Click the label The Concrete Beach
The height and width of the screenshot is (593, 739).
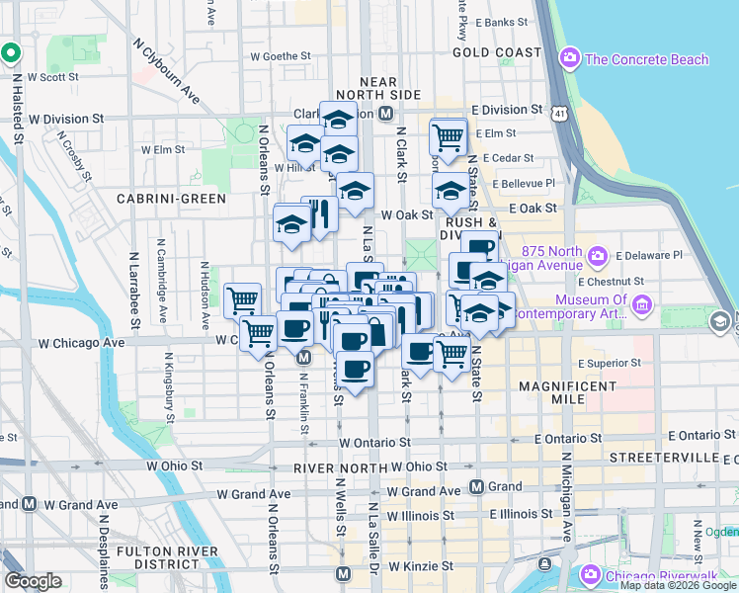(646, 59)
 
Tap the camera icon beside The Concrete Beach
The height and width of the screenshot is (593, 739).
(569, 58)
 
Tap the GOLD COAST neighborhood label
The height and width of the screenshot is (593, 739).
(497, 52)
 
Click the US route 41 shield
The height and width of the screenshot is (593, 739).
(560, 115)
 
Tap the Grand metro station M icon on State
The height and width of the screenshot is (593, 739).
(476, 486)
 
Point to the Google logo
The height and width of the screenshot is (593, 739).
(34, 581)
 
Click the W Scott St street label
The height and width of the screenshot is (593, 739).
(53, 76)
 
